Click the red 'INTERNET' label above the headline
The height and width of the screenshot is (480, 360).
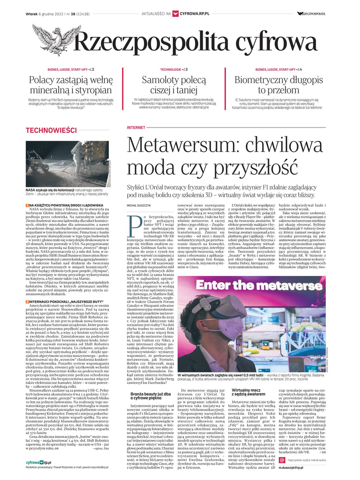click(x=136, y=128)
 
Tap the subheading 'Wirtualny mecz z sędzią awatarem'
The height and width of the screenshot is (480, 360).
click(x=252, y=392)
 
